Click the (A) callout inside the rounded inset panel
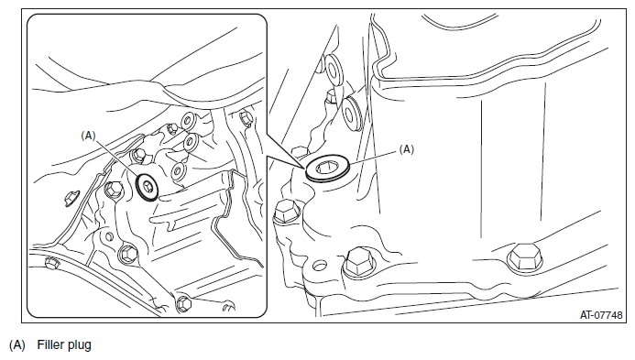[x=88, y=136]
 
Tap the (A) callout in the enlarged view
[x=407, y=149]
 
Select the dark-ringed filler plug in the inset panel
[x=148, y=187]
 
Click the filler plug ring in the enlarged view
[x=326, y=169]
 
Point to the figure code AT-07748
[x=601, y=314]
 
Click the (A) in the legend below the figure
[x=17, y=345]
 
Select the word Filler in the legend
[x=50, y=344]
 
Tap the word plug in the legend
[x=80, y=345]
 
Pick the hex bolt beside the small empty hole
[x=359, y=263]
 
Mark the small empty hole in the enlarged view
[x=320, y=266]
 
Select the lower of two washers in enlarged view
[x=352, y=113]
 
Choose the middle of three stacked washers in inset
[x=190, y=141]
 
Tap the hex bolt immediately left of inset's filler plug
[x=114, y=190]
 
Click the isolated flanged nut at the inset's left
[x=71, y=199]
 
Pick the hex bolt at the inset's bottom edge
[x=183, y=303]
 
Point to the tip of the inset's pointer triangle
[x=305, y=169]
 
